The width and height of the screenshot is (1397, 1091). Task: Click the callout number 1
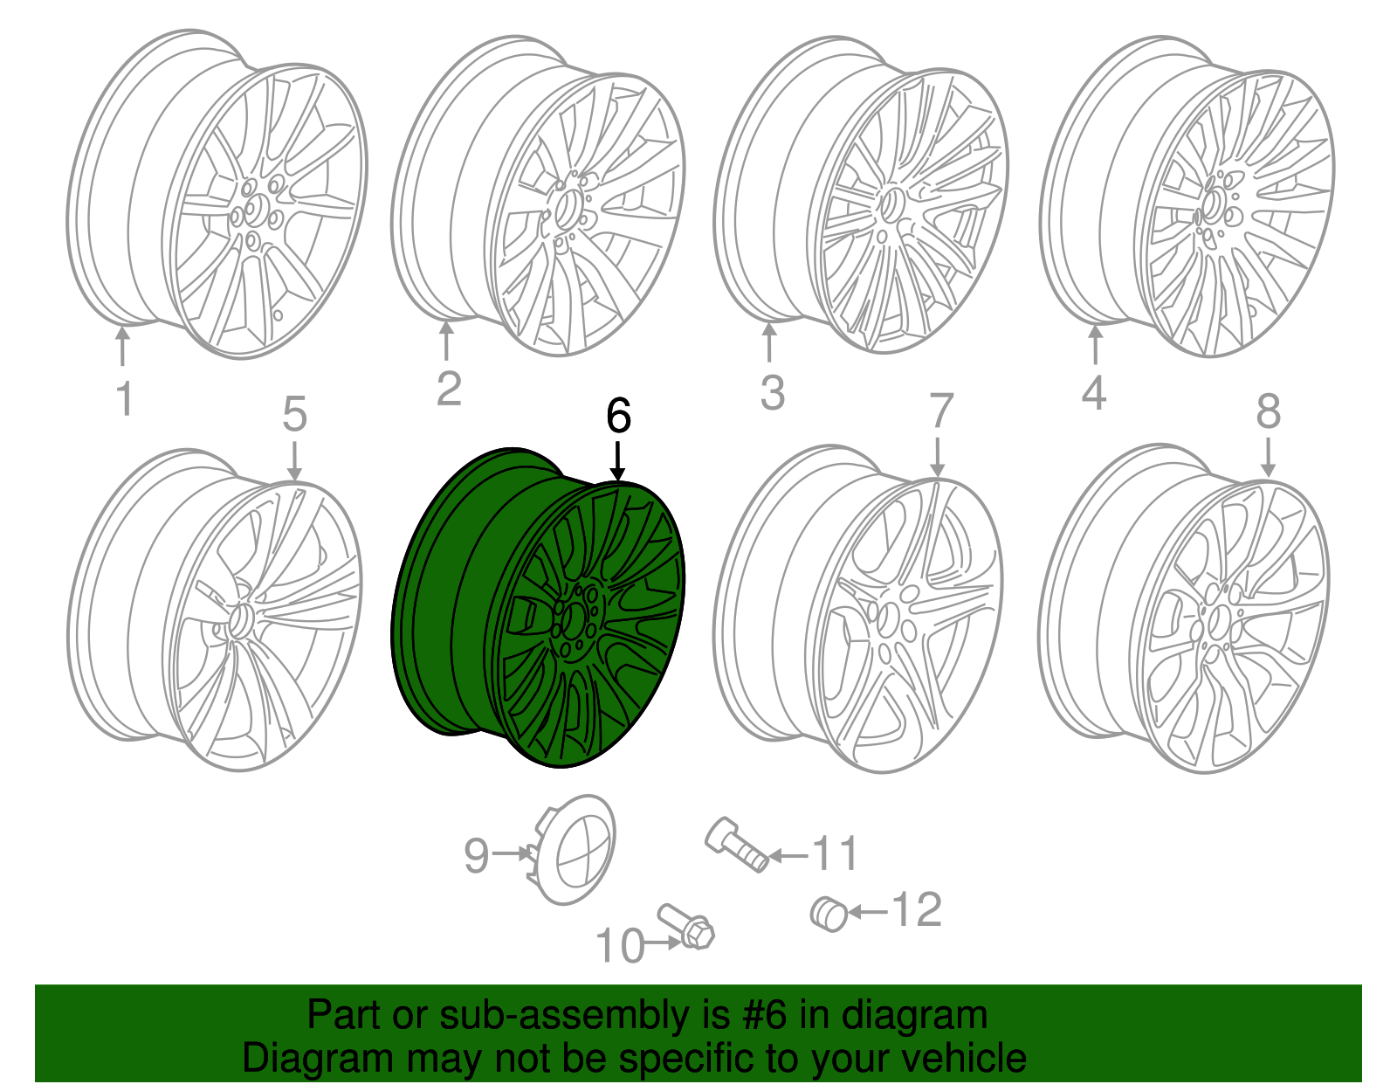click(x=125, y=398)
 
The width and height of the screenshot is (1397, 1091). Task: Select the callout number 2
click(x=449, y=389)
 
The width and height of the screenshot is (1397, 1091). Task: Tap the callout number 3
click(x=773, y=393)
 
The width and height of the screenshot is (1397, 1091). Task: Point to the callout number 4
click(x=1094, y=392)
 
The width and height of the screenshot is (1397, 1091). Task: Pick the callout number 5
click(x=295, y=414)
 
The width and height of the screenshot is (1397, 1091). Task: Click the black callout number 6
click(x=618, y=416)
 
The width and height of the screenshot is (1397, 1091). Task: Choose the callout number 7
click(x=940, y=411)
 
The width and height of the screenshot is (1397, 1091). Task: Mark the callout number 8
click(x=1268, y=411)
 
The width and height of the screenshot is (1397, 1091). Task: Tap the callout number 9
click(x=477, y=855)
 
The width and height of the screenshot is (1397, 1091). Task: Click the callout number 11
click(x=836, y=853)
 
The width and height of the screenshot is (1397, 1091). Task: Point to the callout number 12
click(x=917, y=910)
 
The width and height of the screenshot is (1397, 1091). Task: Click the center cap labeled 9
click(x=576, y=849)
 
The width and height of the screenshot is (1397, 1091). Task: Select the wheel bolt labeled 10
click(x=689, y=927)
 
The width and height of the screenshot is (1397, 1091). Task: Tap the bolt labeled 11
click(x=736, y=844)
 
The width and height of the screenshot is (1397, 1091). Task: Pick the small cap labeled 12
click(x=829, y=914)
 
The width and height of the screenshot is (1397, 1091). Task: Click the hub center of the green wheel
click(x=573, y=621)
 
